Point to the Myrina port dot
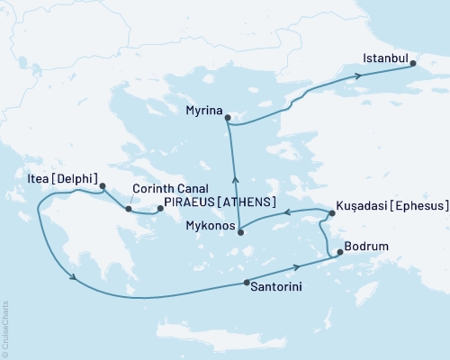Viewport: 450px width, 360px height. (229, 117)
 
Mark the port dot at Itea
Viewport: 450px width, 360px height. (102, 187)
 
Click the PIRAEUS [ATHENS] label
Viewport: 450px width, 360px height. (219, 203)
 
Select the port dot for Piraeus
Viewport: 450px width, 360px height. (161, 209)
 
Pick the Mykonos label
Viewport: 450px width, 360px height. (211, 227)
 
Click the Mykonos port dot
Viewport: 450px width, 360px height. (242, 232)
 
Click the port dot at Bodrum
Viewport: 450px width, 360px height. (339, 254)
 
